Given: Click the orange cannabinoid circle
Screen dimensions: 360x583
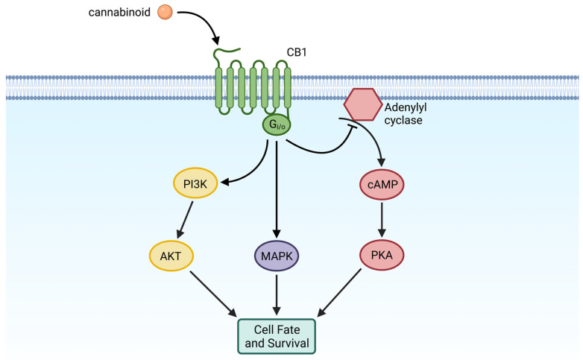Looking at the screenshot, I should tap(166, 12).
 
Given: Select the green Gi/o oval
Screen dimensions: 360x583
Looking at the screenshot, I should tap(276, 126).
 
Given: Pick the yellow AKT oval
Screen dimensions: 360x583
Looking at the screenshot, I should tap(173, 256).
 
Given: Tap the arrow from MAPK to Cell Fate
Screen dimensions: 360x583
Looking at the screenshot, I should tap(277, 296).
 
